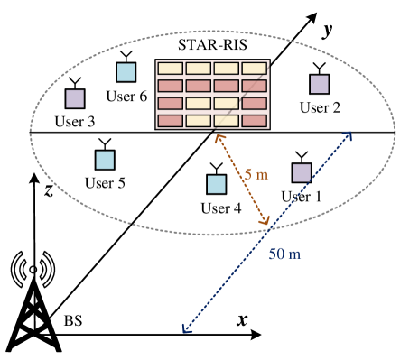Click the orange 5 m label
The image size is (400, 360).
[x=256, y=174]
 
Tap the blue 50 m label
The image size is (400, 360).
[x=284, y=254]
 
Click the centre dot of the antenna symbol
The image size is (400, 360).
[x=33, y=269]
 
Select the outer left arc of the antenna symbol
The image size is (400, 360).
[x=15, y=269]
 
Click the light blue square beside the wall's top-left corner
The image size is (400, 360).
[x=126, y=72]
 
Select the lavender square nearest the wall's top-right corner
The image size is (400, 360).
[x=320, y=84]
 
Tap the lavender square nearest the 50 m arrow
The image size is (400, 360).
[x=302, y=172]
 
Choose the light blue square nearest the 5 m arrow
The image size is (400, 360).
[x=217, y=184]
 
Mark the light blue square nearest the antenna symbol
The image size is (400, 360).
[x=105, y=160]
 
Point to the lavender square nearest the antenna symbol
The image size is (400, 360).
[x=75, y=98]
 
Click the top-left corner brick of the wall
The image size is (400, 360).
[x=171, y=68]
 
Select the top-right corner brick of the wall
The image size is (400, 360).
[x=254, y=68]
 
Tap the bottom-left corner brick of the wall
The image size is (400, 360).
[x=171, y=120]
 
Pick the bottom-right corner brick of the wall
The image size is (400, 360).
[x=254, y=120]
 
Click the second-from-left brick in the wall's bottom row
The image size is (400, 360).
[x=198, y=120]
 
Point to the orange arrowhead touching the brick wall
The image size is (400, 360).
[x=218, y=137]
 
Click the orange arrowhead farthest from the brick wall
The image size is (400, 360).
[x=265, y=221]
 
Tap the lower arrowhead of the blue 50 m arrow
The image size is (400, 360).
[x=185, y=331]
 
